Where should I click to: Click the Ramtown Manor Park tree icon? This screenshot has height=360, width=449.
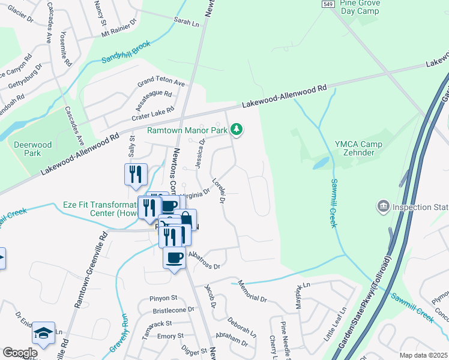click(x=238, y=130)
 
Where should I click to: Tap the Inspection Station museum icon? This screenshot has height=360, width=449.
click(x=382, y=208)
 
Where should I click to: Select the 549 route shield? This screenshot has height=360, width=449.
click(x=327, y=4)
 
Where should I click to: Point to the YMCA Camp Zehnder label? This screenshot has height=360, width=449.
click(x=359, y=148)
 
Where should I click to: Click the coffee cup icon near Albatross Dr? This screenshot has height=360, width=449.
click(x=175, y=257)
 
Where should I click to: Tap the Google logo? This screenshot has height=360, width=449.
click(x=19, y=353)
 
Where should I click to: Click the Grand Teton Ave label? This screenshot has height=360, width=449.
click(x=161, y=82)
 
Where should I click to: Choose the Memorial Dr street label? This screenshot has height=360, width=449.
click(x=252, y=291)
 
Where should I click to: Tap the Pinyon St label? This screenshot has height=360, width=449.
click(x=164, y=298)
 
